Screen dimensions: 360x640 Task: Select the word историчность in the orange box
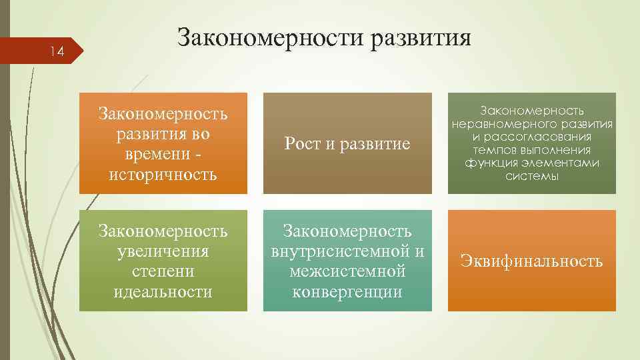click(x=163, y=175)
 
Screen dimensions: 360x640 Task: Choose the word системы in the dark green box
click(x=531, y=176)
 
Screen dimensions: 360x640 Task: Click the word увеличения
click(x=163, y=251)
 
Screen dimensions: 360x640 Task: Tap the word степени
click(x=163, y=271)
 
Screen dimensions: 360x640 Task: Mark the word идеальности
click(x=163, y=291)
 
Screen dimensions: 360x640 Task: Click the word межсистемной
click(x=347, y=271)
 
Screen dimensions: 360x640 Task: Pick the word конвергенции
click(x=347, y=291)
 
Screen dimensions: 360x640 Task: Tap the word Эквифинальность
click(x=531, y=261)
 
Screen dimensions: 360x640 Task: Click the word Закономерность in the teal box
click(x=347, y=231)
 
